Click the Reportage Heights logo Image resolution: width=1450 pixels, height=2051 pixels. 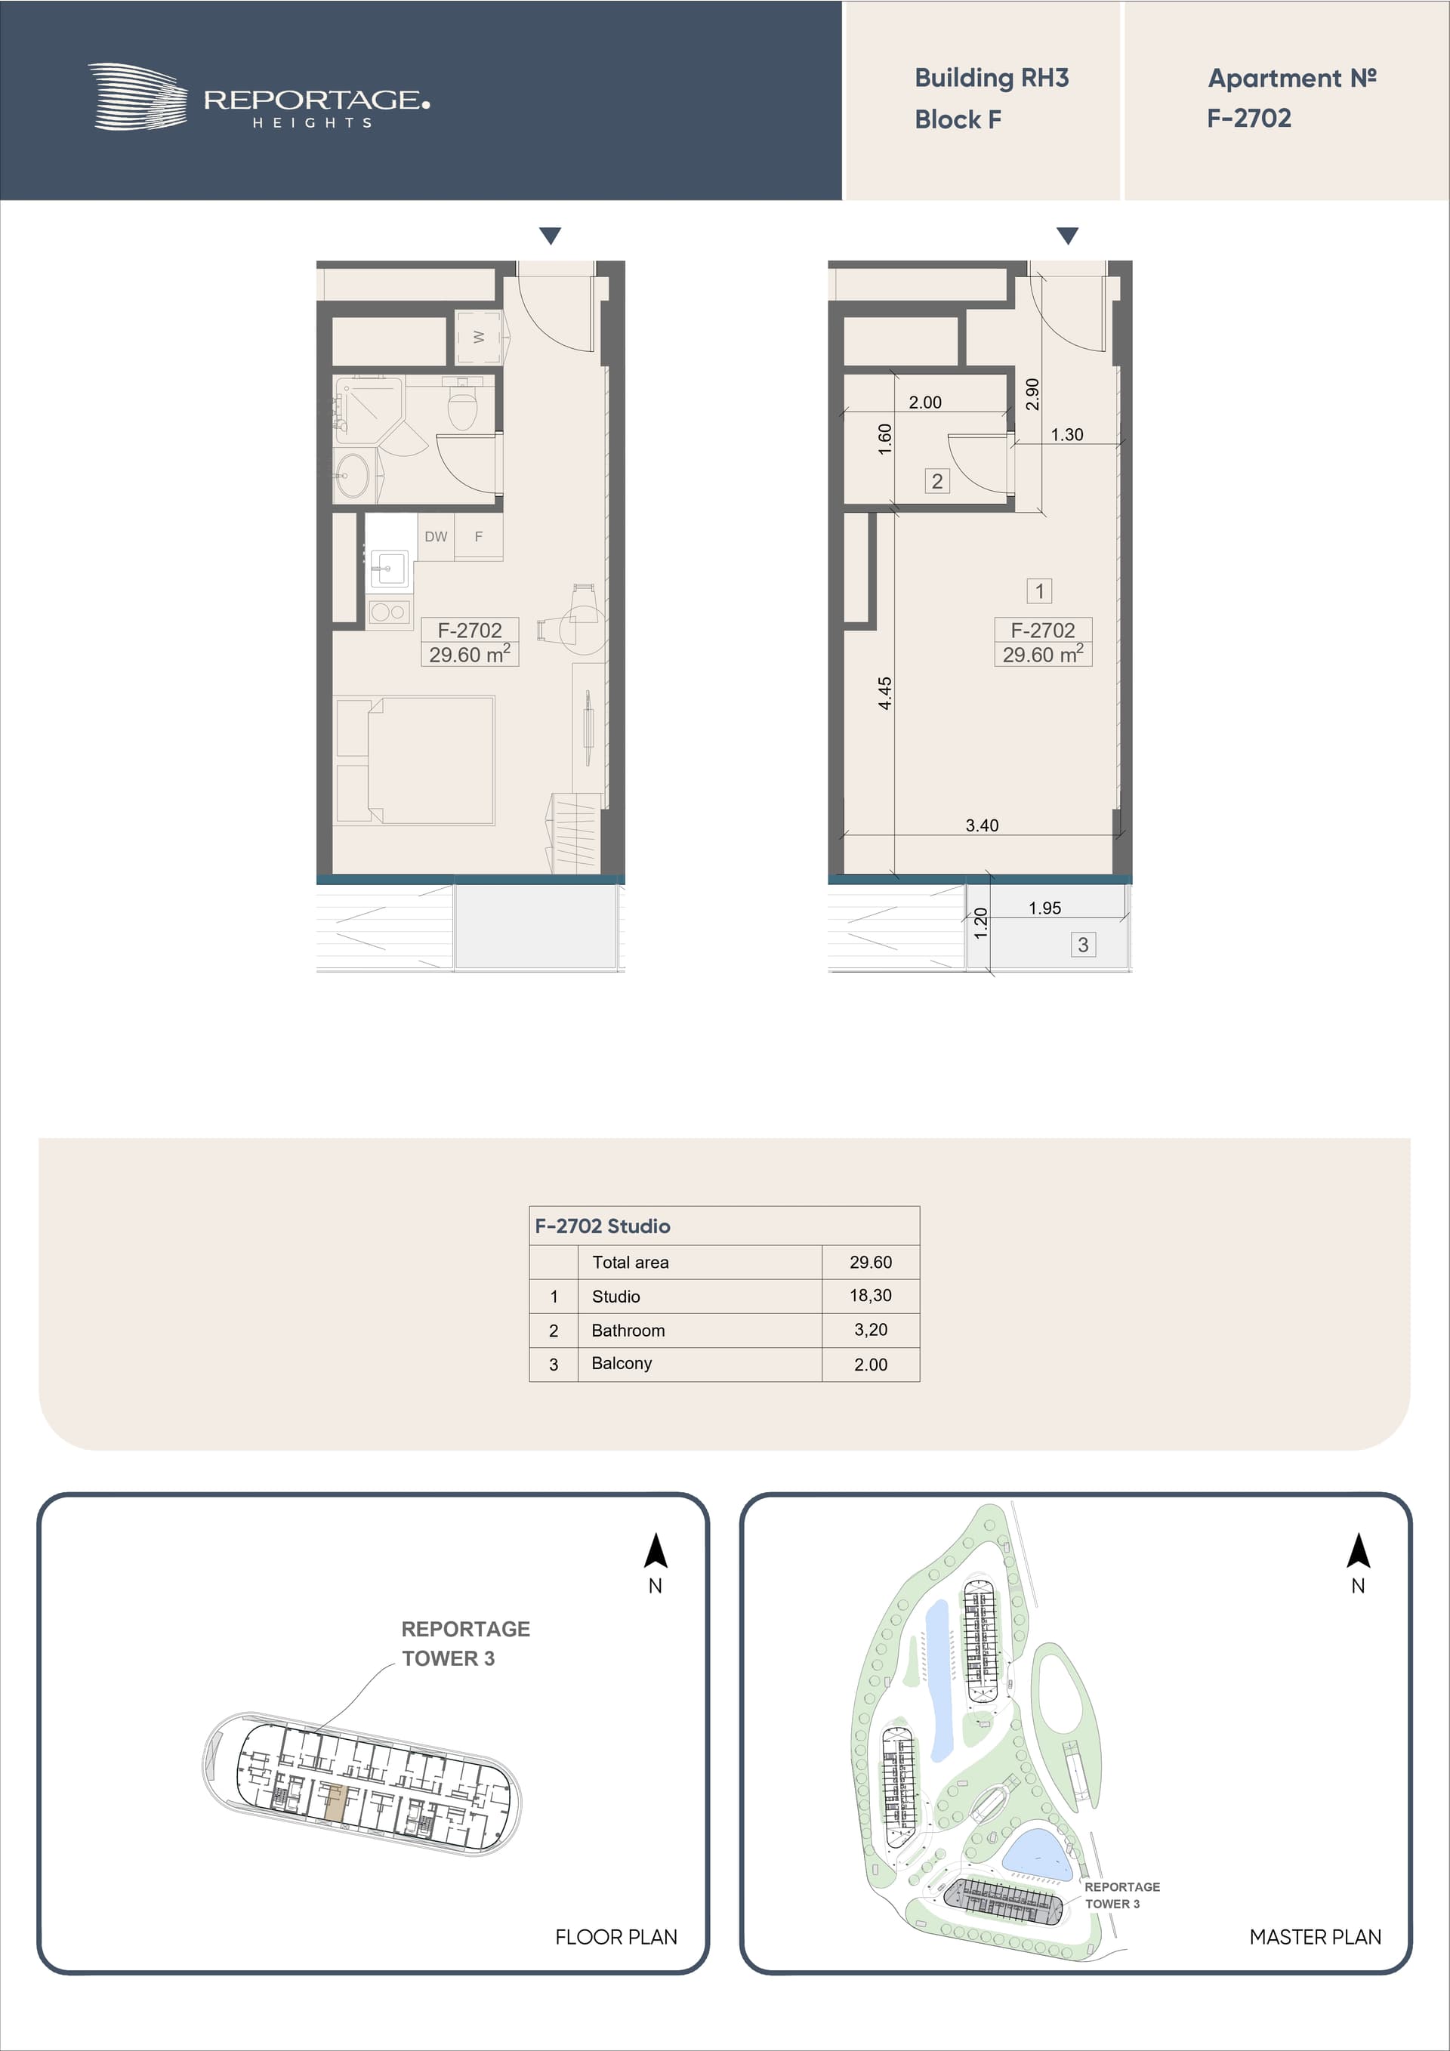click(258, 97)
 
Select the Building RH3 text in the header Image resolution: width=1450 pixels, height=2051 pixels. click(992, 78)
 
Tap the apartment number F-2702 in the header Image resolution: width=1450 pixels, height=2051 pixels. click(1249, 118)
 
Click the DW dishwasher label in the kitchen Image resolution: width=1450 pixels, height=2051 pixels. click(436, 537)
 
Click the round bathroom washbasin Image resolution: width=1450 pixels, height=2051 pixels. click(352, 475)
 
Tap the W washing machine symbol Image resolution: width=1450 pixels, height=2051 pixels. click(478, 337)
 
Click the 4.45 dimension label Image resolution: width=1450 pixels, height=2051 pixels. click(884, 693)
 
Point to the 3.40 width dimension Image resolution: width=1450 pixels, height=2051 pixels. click(982, 825)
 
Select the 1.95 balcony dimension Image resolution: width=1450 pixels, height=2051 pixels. click(1044, 908)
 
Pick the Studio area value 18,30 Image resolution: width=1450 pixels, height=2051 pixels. click(870, 1295)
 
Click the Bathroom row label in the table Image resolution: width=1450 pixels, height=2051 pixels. click(628, 1330)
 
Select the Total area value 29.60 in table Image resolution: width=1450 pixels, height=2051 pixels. click(871, 1262)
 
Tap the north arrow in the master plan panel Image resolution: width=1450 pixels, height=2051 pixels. click(1358, 1551)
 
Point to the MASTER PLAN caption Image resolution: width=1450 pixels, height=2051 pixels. click(1315, 1937)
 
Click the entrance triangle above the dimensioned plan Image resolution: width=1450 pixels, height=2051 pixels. click(1068, 236)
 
